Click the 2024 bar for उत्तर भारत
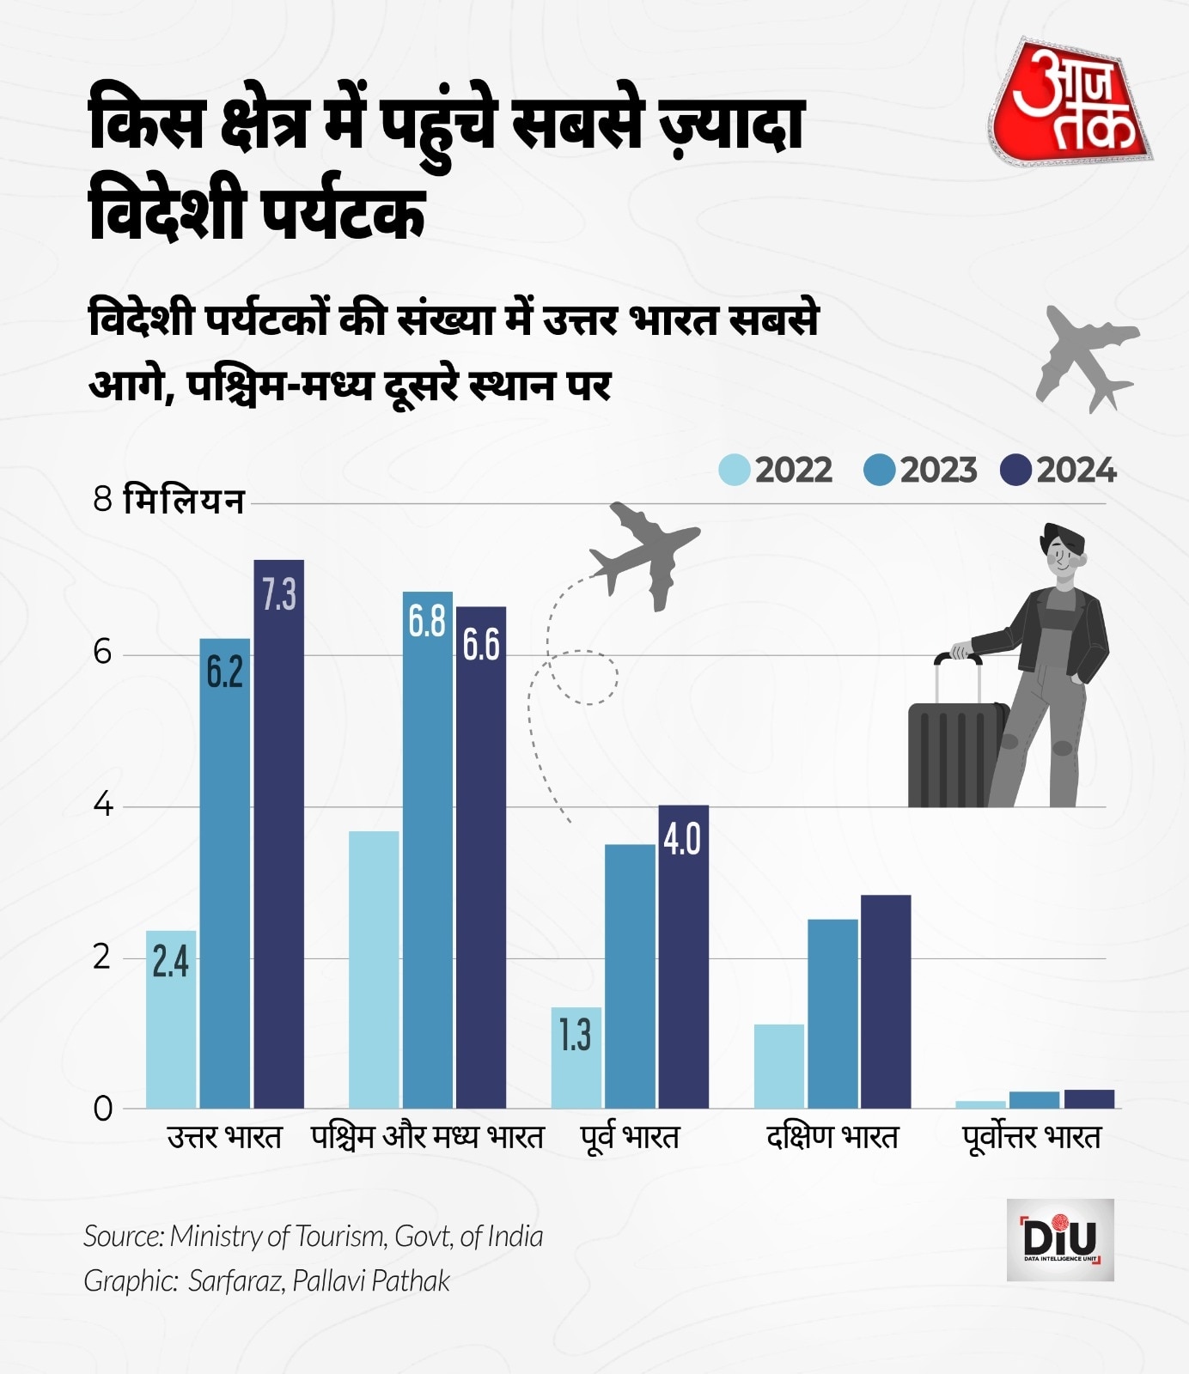[278, 833]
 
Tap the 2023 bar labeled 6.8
[427, 849]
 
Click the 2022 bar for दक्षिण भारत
[779, 1066]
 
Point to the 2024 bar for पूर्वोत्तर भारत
[1088, 1099]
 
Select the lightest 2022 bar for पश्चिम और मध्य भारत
[374, 970]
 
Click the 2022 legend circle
[735, 470]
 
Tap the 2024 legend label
[1076, 471]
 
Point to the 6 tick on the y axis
[103, 653]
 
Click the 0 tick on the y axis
[103, 1109]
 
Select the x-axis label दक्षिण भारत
[832, 1138]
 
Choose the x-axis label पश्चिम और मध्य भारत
[427, 1138]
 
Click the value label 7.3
[278, 594]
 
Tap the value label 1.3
[575, 1036]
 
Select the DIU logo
[1060, 1239]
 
